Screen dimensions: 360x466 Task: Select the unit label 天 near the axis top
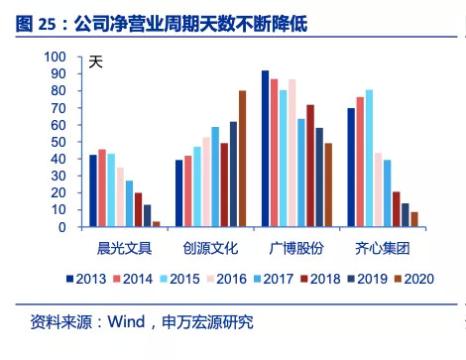96,63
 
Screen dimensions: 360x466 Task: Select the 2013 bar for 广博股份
266,149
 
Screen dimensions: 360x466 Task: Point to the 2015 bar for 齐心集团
369,159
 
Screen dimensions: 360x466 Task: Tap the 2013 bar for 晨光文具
93,191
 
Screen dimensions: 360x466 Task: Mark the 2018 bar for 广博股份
310,166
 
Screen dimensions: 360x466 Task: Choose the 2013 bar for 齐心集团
351,168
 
